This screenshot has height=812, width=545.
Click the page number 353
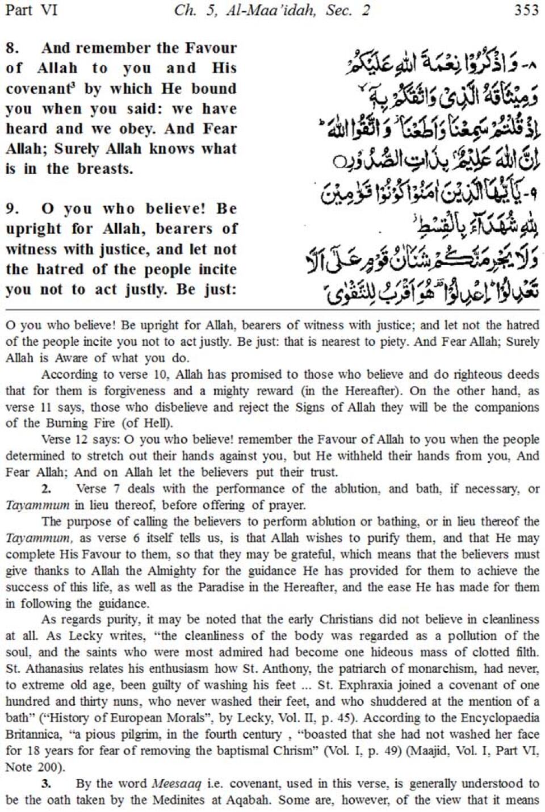click(525, 10)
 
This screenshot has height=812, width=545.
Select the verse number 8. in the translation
click(13, 48)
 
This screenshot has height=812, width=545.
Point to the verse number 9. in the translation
click(13, 209)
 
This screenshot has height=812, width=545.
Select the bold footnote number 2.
click(46, 489)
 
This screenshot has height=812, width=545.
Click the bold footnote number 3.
click(46, 784)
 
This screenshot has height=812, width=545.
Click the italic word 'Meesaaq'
click(175, 784)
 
